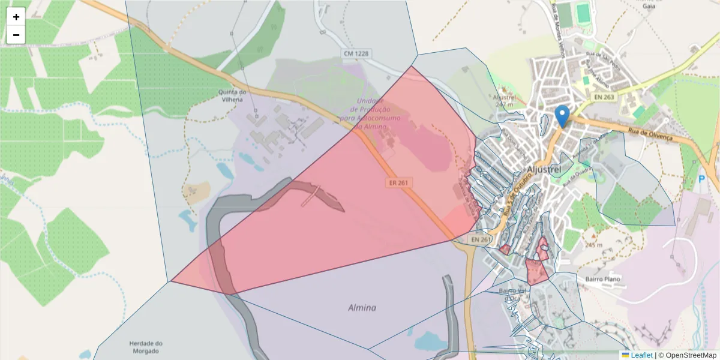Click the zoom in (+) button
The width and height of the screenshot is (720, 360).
[16, 17]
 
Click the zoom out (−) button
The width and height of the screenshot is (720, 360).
[16, 35]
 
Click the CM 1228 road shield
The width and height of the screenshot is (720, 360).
[356, 53]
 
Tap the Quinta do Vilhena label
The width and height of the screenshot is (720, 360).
[233, 95]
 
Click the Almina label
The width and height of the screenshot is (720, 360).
[362, 308]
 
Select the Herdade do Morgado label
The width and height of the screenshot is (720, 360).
[146, 347]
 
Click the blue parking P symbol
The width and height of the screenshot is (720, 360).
[702, 179]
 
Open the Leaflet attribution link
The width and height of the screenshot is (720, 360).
[641, 355]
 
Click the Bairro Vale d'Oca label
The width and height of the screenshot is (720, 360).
[512, 295]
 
